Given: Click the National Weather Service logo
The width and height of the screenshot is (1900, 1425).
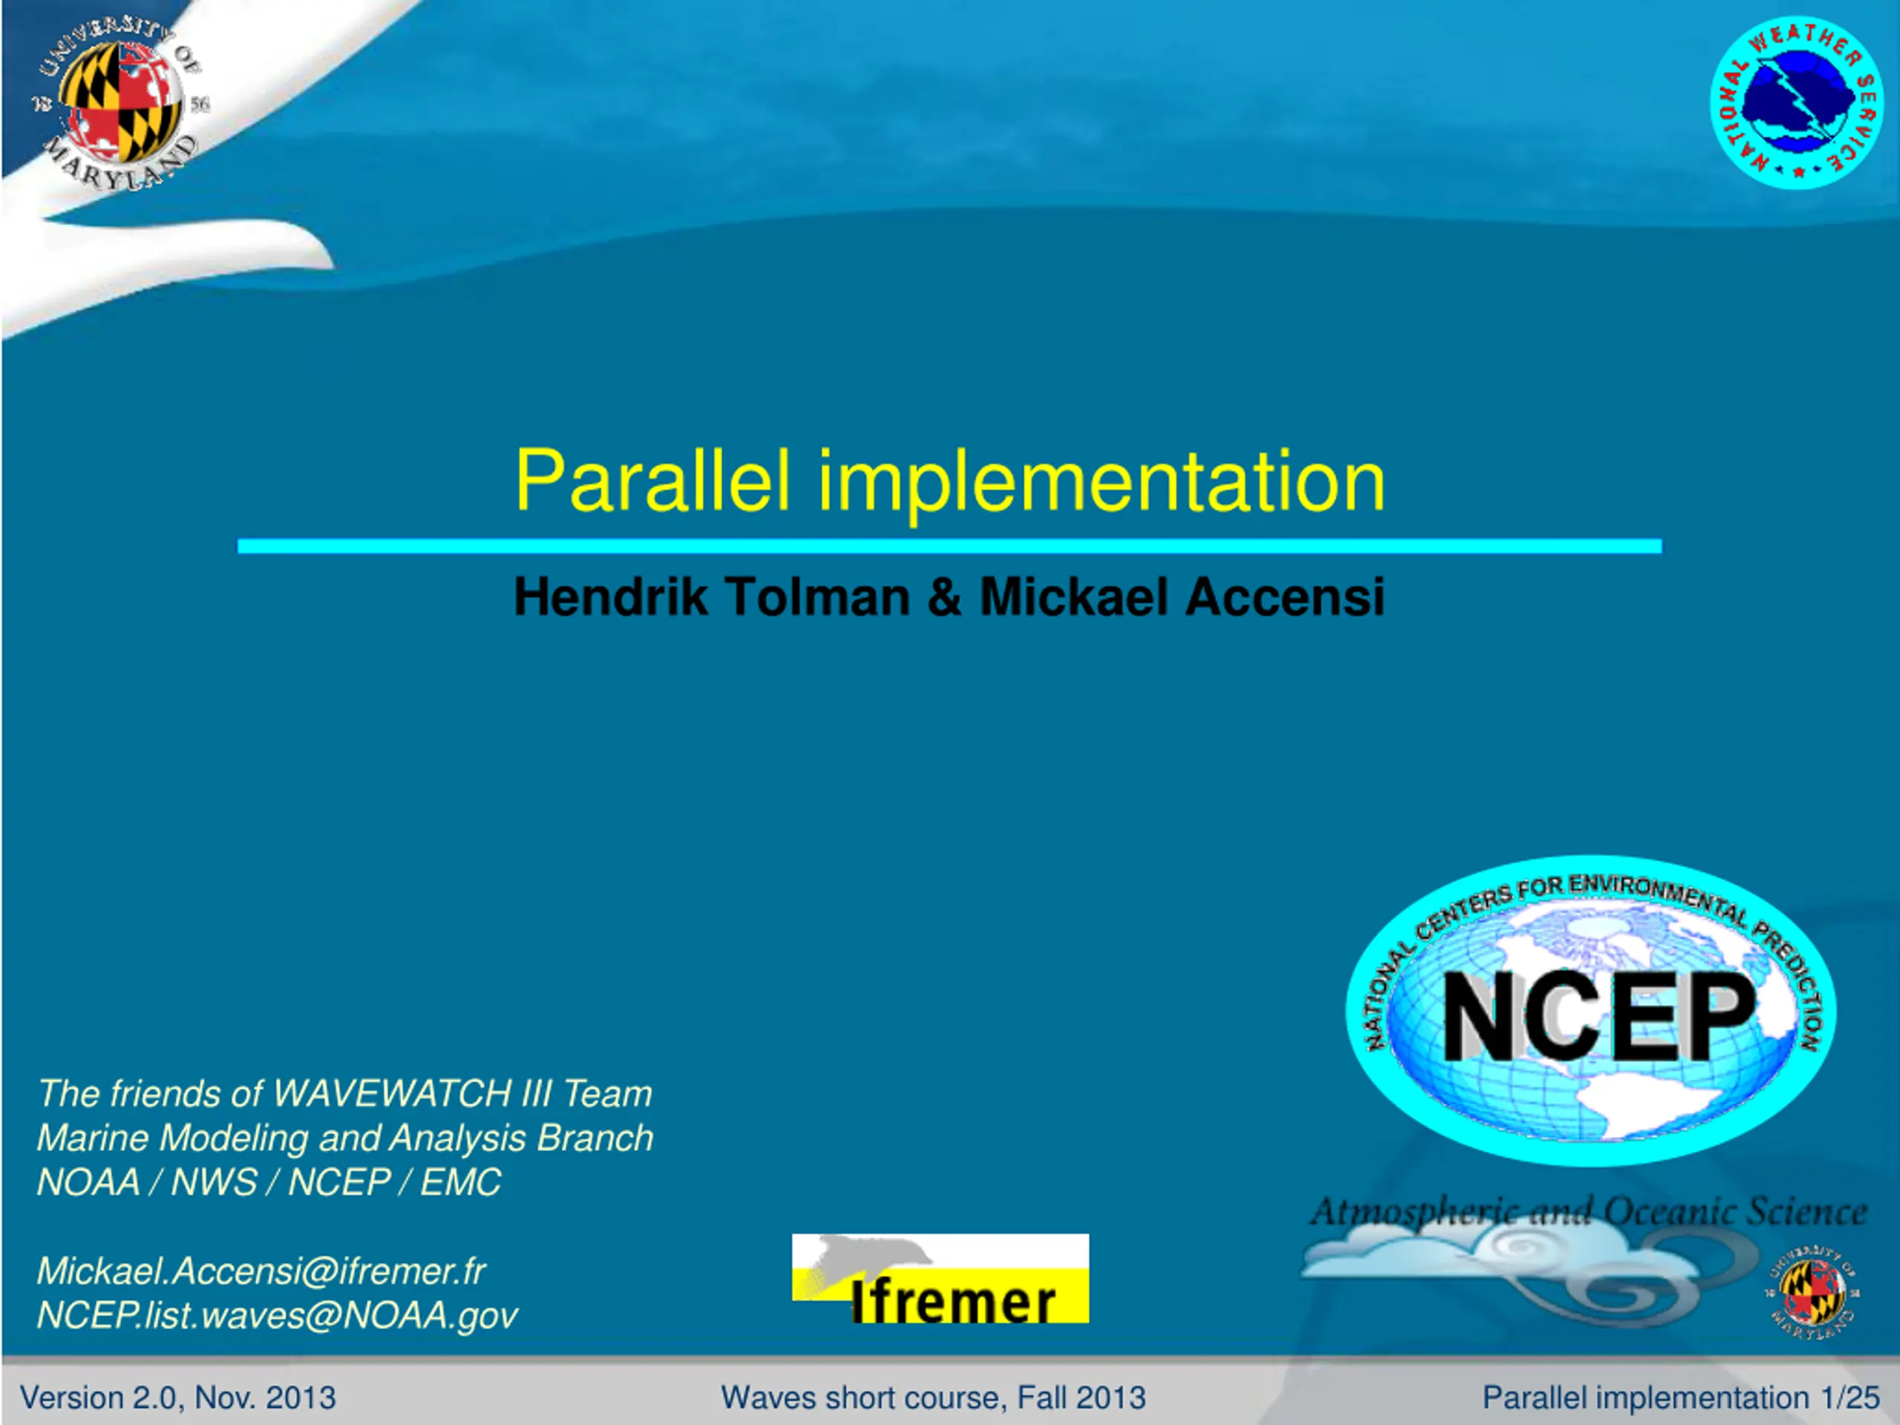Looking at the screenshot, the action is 1797,103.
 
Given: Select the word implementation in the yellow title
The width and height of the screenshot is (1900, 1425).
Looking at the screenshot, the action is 1102,482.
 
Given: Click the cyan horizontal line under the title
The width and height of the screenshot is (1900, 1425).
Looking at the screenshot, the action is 949,546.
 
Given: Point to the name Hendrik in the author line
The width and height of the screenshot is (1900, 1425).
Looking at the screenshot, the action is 611,596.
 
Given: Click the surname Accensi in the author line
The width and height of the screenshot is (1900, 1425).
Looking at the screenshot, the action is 1285,596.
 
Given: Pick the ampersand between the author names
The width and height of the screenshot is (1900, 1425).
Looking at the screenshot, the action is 945,596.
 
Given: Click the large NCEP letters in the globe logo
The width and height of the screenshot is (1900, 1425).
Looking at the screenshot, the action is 1599,1017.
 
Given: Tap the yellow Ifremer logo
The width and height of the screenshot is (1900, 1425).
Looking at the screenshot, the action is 940,1278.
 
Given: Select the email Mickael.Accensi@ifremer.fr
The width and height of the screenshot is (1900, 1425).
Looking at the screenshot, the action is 261,1271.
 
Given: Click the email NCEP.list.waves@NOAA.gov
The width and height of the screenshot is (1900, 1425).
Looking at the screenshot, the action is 278,1316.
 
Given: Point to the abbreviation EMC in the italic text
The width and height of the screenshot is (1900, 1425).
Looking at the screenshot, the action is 460,1182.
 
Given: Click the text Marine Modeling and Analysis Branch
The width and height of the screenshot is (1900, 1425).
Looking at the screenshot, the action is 345,1138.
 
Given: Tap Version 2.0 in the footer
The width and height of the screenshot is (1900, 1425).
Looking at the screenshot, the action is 99,1398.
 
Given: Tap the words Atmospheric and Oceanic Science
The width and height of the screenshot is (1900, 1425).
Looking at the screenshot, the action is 1588,1212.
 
